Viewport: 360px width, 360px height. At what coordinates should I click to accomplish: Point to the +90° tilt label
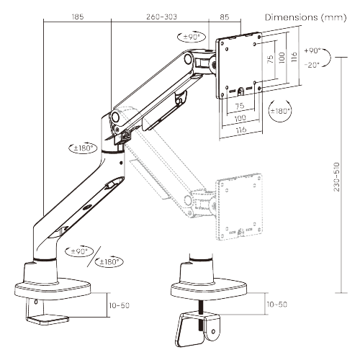tap(312, 51)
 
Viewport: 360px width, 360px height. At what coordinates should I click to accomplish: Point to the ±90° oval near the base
tap(78, 251)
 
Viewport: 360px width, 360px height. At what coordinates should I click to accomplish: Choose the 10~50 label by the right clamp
tap(277, 305)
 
